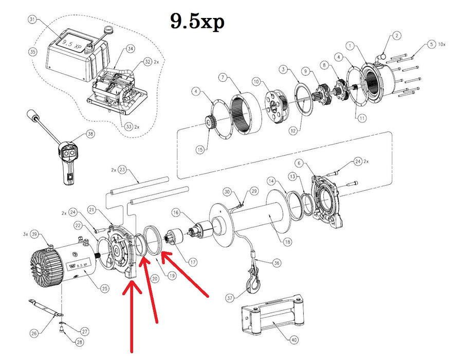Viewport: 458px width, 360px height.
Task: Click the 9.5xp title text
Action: [x=197, y=22]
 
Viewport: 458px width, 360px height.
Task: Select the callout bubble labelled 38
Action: [x=90, y=134]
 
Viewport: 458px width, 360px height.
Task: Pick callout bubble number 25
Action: [x=105, y=289]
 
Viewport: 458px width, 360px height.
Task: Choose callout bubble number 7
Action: [x=222, y=78]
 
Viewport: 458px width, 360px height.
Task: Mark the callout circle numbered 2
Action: [x=397, y=35]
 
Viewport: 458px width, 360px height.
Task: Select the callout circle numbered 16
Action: [x=176, y=212]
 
